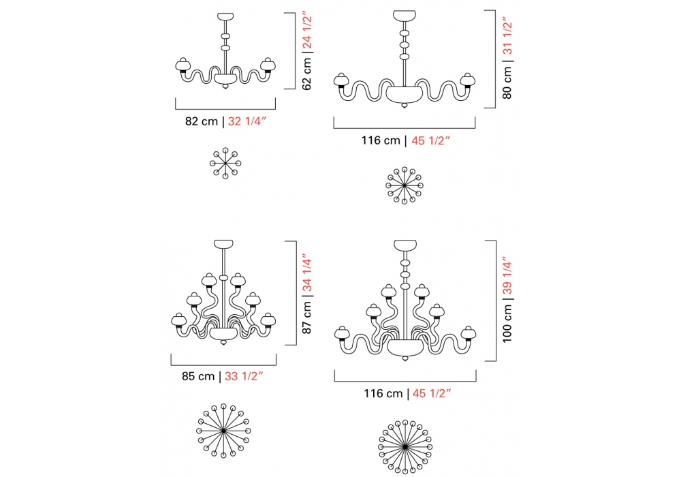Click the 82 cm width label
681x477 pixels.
pos(202,121)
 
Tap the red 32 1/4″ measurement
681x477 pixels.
pos(247,121)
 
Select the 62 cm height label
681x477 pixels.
pos(307,74)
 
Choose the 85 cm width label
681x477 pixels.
pos(198,376)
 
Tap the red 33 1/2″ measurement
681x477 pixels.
pos(244,376)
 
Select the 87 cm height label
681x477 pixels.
pos(307,318)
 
